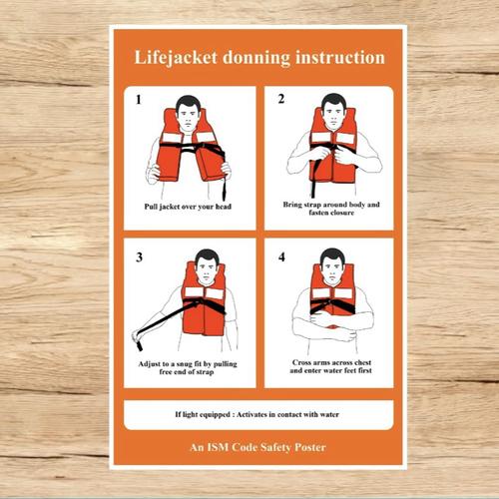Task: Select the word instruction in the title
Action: pyautogui.click(x=335, y=58)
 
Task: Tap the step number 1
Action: pyautogui.click(x=139, y=101)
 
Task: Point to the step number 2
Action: pyautogui.click(x=281, y=99)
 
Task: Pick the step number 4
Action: pyautogui.click(x=281, y=256)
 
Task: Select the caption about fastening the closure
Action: pyautogui.click(x=331, y=209)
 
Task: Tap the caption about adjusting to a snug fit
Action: pyautogui.click(x=191, y=366)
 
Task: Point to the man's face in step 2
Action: pyautogui.click(x=333, y=111)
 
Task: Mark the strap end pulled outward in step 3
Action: pyautogui.click(x=139, y=342)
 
